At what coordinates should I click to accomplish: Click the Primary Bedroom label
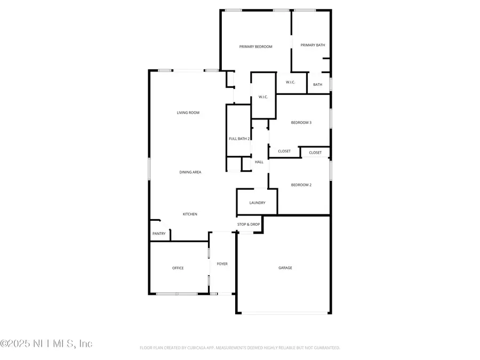(255, 47)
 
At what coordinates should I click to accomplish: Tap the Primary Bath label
(313, 45)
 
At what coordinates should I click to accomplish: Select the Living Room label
(188, 113)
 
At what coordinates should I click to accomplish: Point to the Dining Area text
(190, 172)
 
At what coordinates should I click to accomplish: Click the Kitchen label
(190, 214)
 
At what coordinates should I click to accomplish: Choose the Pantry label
(159, 234)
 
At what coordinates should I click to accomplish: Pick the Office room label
(178, 268)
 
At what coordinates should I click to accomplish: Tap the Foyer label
(222, 264)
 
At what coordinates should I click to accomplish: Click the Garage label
(285, 268)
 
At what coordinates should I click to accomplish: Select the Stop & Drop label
(249, 225)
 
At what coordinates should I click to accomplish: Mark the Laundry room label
(257, 203)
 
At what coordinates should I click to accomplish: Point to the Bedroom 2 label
(301, 185)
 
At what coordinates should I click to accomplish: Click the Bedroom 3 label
(301, 123)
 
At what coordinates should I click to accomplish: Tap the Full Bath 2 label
(239, 139)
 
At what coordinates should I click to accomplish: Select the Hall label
(259, 162)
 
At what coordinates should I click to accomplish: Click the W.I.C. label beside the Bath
(291, 82)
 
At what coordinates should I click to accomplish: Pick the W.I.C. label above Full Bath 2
(263, 97)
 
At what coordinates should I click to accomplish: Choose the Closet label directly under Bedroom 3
(284, 151)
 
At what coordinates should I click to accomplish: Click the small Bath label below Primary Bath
(318, 85)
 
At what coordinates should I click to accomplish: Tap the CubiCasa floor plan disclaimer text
(240, 348)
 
